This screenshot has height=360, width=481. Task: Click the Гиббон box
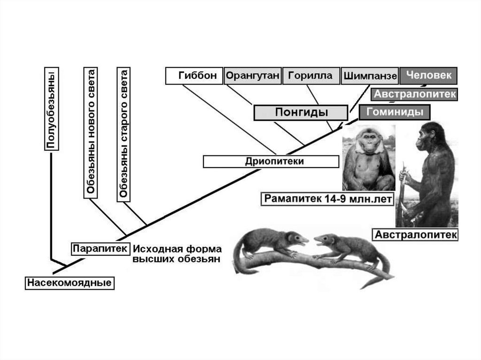tap(194, 76)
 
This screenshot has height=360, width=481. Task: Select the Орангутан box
tap(252, 76)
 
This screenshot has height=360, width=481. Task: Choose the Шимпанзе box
tap(370, 76)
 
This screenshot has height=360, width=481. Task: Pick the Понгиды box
tap(301, 113)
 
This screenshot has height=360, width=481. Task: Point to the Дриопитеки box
tap(271, 161)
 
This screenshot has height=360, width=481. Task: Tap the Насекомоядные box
tap(70, 283)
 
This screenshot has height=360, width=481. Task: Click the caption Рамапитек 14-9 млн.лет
tap(328, 199)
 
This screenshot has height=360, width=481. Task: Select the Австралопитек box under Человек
tap(415, 94)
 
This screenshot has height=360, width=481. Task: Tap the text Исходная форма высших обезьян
tap(177, 254)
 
